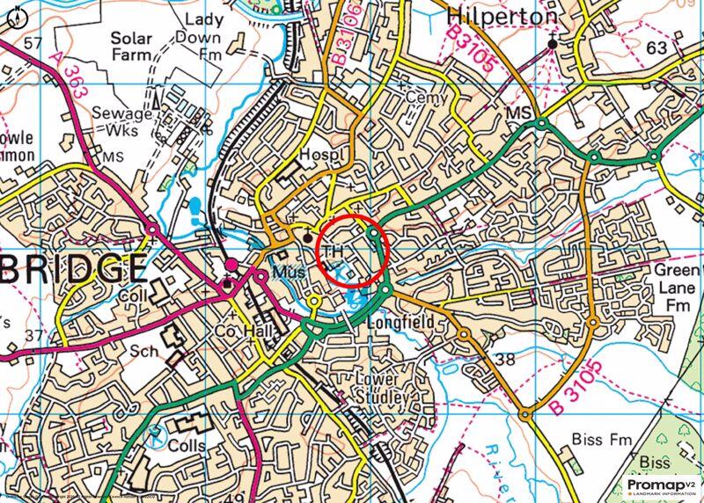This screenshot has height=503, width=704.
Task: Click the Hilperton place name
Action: (x=502, y=15)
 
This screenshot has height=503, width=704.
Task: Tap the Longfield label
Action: (x=406, y=324)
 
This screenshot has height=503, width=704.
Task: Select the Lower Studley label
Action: (x=382, y=387)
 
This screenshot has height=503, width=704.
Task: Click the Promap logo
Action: (x=663, y=486)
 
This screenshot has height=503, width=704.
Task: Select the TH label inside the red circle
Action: (x=334, y=251)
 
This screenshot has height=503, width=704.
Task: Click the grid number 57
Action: (x=33, y=43)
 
